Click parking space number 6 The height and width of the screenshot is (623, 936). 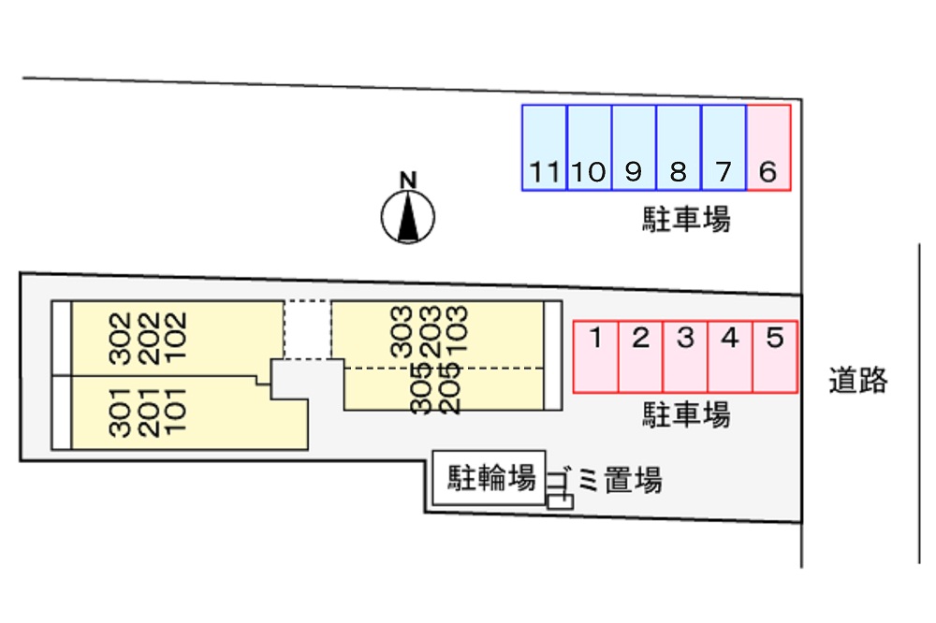768,148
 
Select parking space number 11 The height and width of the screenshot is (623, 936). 545,148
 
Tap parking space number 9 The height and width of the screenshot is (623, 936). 634,148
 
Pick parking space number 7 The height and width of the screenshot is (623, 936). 724,148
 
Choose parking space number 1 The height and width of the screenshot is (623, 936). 595,356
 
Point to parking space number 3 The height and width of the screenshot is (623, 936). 685,356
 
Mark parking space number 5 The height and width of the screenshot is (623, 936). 775,356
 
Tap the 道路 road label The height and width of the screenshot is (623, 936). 857,381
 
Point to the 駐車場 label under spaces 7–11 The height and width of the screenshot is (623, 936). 686,221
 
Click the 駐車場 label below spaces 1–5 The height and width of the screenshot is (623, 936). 686,414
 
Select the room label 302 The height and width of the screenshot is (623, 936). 119,337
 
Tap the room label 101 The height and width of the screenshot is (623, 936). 174,412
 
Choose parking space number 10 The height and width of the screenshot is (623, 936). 590,148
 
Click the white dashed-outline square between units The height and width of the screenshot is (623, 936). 307,328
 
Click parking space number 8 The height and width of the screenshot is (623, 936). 679,148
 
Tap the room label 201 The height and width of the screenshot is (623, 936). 147,412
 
